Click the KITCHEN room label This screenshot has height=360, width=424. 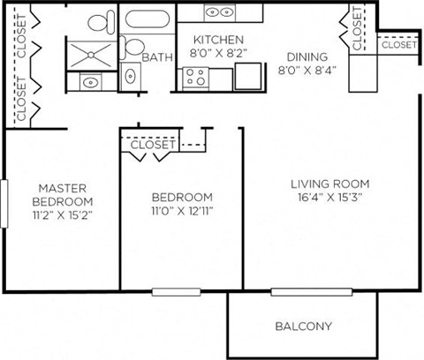tap(218, 40)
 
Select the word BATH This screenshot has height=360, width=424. tap(157, 57)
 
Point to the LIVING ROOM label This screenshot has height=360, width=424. tap(329, 184)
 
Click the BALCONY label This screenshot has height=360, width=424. tap(303, 326)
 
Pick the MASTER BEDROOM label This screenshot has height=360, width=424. tap(60, 194)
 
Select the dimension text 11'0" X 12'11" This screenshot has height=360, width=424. tap(181, 210)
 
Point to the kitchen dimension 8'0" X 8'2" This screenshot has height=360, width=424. tap(218, 52)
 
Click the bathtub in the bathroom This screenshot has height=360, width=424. tap(148, 21)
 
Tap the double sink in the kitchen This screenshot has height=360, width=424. tap(220, 12)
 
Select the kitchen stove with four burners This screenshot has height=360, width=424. tap(194, 78)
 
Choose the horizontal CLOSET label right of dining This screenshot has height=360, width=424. tap(398, 44)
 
